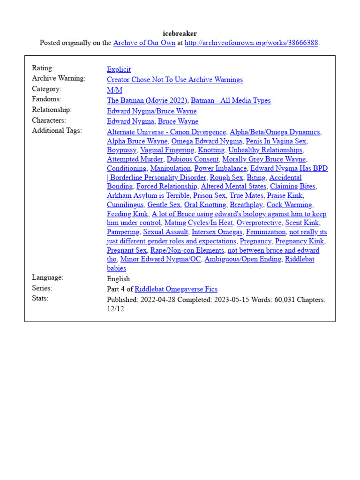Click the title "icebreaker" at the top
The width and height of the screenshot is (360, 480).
pos(180,33)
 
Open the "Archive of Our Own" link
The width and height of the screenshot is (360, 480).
pos(144,43)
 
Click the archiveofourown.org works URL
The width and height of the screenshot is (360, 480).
pos(252,43)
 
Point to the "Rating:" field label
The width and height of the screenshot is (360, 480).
pos(43,68)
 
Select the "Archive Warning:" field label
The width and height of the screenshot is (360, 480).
pos(59,78)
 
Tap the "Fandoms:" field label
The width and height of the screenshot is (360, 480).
pos(46,99)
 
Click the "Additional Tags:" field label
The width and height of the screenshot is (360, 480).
pos(57,130)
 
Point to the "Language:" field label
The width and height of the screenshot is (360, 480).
pos(47,277)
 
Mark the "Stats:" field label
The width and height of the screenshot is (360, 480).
pos(40,298)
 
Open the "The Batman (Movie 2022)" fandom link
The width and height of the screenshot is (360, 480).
pos(147,100)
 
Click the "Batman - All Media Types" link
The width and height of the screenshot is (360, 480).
pos(231,100)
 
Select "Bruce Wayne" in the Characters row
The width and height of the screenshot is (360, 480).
pos(178,121)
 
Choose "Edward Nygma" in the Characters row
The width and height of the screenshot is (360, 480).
pos(130,121)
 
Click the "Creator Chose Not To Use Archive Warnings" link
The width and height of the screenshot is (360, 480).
pos(175,80)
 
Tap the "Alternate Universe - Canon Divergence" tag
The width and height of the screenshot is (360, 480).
pos(166,132)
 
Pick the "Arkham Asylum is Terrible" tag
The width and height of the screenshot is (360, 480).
pos(148,195)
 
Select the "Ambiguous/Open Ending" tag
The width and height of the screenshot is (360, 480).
pos(243,259)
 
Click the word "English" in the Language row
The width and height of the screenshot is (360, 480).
pos(119,279)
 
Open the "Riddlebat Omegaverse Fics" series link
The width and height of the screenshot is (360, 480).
pos(176,289)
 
